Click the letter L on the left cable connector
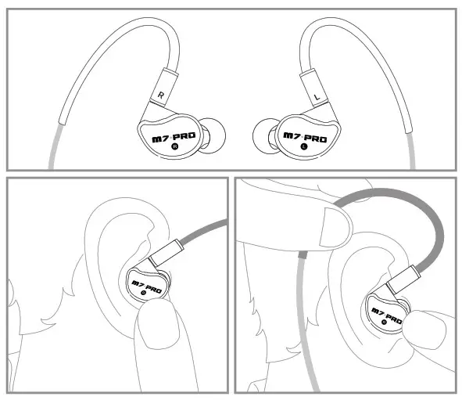tap(316, 97)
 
